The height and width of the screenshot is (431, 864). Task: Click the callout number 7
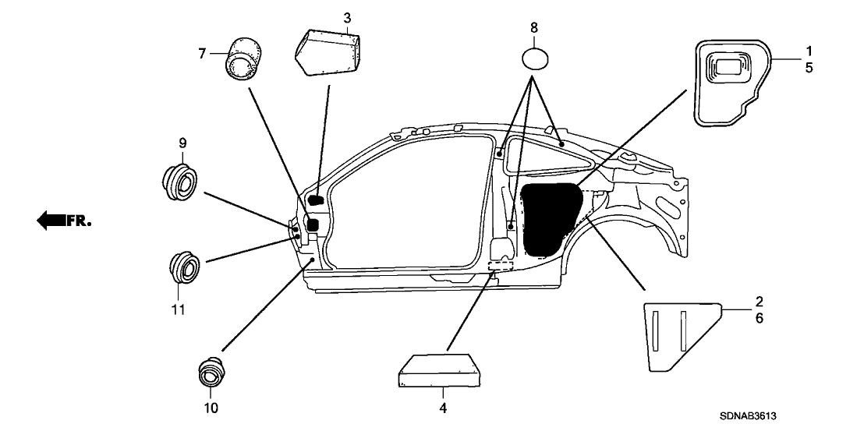tap(202, 53)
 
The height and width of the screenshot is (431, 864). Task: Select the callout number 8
tap(534, 28)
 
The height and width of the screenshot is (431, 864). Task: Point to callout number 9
tap(182, 143)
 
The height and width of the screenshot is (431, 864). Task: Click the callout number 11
tap(179, 310)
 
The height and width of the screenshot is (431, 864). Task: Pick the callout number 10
tap(211, 408)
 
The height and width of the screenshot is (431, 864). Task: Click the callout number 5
tap(809, 68)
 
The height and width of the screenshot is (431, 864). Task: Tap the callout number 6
tap(760, 318)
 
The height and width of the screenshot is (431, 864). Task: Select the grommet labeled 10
tap(211, 373)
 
